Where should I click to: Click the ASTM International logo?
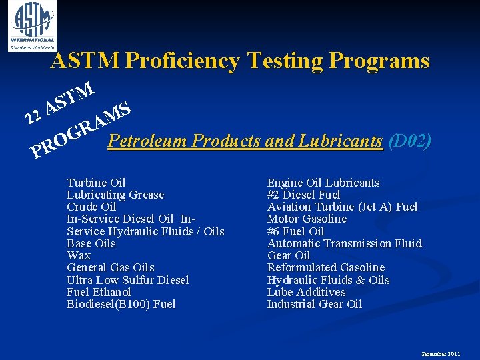(x=32, y=25)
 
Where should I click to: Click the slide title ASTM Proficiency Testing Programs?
(x=240, y=61)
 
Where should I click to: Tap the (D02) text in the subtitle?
(x=410, y=141)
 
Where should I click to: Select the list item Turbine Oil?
(x=96, y=183)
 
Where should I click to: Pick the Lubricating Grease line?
(x=115, y=195)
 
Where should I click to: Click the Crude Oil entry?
(x=91, y=207)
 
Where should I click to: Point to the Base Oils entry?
(x=91, y=243)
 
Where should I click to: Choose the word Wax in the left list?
(x=79, y=255)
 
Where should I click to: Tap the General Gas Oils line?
(x=111, y=267)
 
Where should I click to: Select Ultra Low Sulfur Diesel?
(x=128, y=280)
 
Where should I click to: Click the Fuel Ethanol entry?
(x=99, y=292)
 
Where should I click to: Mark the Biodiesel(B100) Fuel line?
(x=121, y=304)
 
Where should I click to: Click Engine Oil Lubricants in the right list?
(x=323, y=183)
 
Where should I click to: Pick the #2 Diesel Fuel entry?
(x=303, y=195)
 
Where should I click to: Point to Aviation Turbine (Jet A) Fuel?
(x=342, y=207)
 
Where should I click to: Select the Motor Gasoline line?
(x=307, y=219)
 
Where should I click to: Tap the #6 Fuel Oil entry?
(x=295, y=231)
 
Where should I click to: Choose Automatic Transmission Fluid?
(x=344, y=243)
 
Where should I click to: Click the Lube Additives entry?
(x=306, y=292)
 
